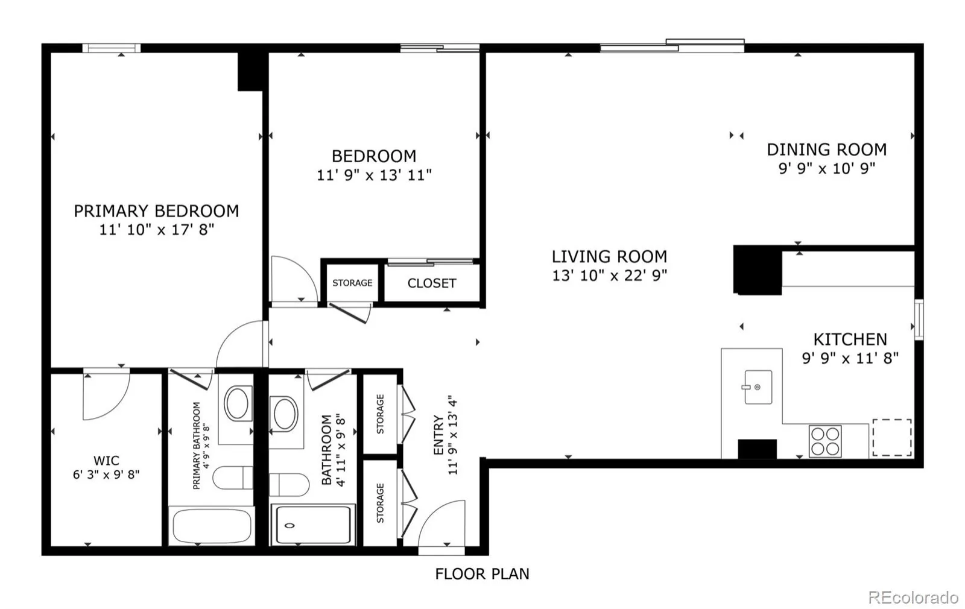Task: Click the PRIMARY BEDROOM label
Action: tap(156, 211)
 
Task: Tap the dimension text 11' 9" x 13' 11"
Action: tap(374, 175)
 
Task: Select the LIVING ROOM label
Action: tap(610, 257)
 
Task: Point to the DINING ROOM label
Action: tap(827, 150)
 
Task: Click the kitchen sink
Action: tap(758, 387)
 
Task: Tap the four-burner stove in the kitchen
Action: tap(825, 441)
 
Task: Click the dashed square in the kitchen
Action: tap(892, 437)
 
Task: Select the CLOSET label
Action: tap(432, 283)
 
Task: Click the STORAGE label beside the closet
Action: tap(352, 283)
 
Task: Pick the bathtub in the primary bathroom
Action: tap(212, 526)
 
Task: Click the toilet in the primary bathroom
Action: tap(233, 478)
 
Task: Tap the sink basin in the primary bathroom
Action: tap(237, 403)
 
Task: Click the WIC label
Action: tap(106, 461)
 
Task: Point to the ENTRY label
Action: tap(438, 435)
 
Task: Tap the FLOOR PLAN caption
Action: tap(482, 574)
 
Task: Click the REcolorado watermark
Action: tap(913, 598)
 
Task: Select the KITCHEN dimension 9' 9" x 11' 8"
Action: tap(850, 358)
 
